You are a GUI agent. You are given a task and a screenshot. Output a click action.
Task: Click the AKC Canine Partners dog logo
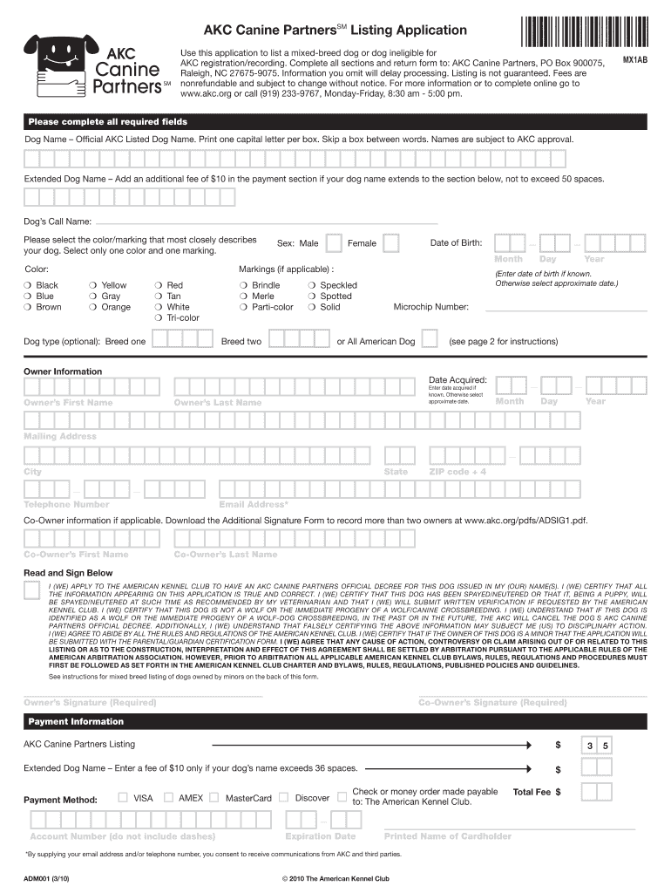tap(60, 65)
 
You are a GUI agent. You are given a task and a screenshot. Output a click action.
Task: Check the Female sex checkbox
tap(392, 242)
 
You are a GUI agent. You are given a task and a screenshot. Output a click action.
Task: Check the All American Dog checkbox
tap(430, 340)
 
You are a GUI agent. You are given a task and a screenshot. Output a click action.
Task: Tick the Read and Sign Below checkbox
tap(31, 590)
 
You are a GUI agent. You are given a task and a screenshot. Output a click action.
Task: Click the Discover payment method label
tap(312, 798)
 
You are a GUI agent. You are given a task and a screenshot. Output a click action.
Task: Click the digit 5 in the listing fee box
tap(604, 746)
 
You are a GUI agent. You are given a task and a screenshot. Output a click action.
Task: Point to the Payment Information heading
tap(76, 722)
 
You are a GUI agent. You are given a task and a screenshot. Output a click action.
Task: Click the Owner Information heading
tap(62, 372)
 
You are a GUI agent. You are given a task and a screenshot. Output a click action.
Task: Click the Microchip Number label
tap(430, 307)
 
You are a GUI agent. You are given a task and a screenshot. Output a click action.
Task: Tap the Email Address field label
tap(254, 504)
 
